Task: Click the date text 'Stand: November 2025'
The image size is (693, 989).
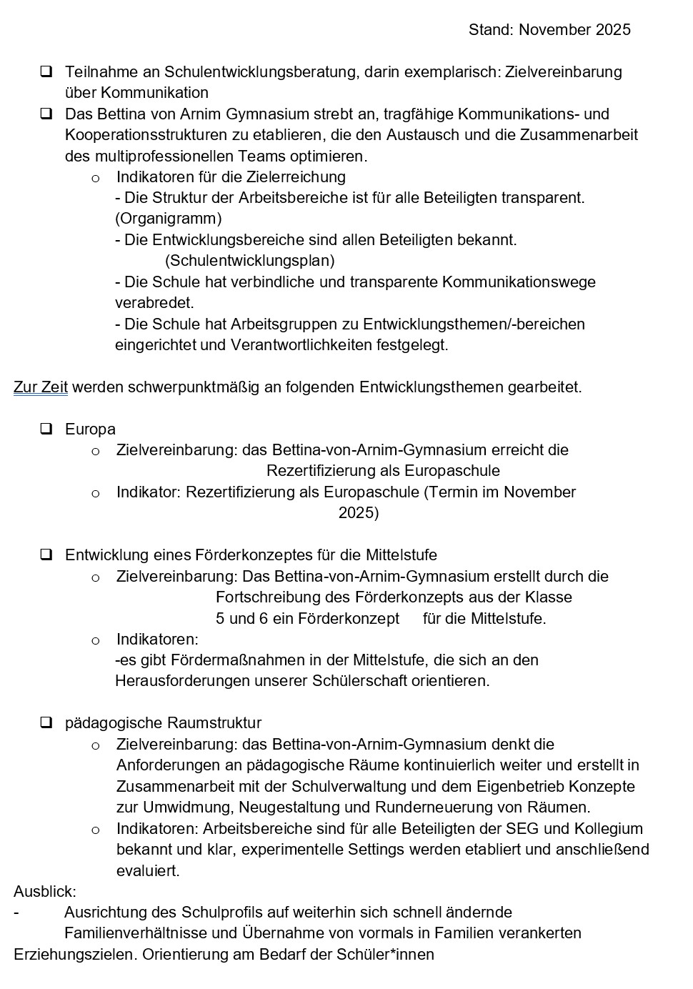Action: click(x=549, y=29)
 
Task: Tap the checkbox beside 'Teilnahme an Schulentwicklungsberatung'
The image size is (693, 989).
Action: click(x=46, y=71)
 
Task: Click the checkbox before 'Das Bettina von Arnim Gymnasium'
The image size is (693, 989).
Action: click(x=46, y=114)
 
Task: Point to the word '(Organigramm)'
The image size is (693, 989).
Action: click(x=169, y=219)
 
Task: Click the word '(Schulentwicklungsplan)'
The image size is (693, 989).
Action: click(x=250, y=261)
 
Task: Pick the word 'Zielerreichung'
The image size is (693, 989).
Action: click(x=296, y=177)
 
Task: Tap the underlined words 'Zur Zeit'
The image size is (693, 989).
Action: click(x=41, y=387)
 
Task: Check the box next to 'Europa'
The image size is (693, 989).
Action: click(x=46, y=429)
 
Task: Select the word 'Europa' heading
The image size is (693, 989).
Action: click(x=90, y=429)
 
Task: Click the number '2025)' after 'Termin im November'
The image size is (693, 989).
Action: click(x=359, y=513)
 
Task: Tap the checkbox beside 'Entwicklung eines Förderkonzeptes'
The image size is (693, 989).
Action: click(x=46, y=555)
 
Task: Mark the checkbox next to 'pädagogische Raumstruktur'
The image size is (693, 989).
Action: click(x=46, y=722)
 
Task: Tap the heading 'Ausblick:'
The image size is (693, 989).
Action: click(x=45, y=891)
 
